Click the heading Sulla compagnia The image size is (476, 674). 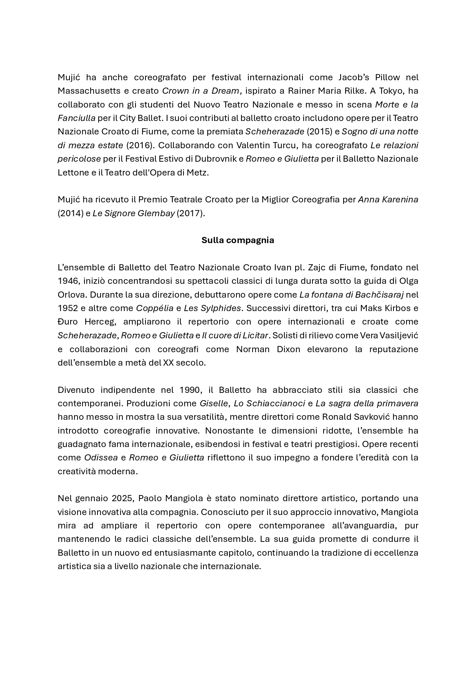238,240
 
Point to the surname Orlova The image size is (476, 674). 68,295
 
